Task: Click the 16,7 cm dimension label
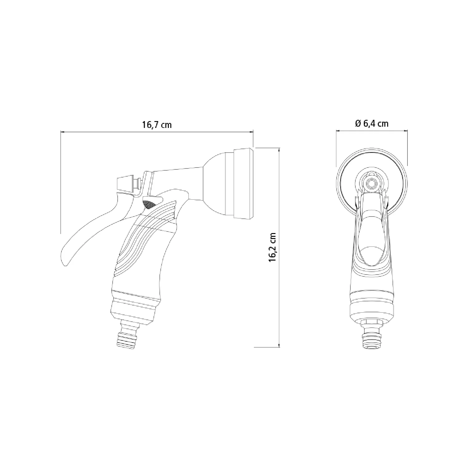[157, 125]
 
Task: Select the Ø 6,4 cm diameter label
[372, 124]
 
